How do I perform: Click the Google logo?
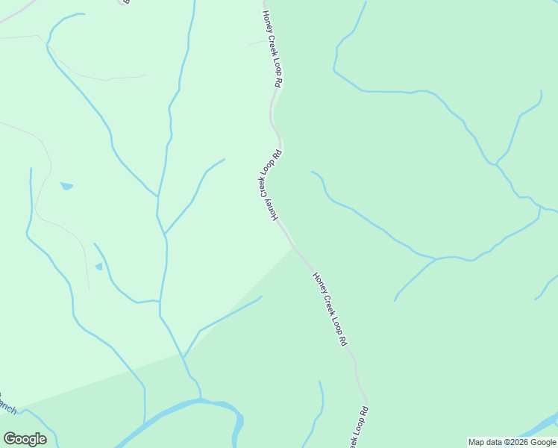(25, 439)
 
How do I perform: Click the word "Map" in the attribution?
(477, 442)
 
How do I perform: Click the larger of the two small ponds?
(67, 186)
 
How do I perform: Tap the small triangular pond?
(99, 267)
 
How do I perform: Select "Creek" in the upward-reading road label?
(265, 184)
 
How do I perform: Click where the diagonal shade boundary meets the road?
(294, 247)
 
